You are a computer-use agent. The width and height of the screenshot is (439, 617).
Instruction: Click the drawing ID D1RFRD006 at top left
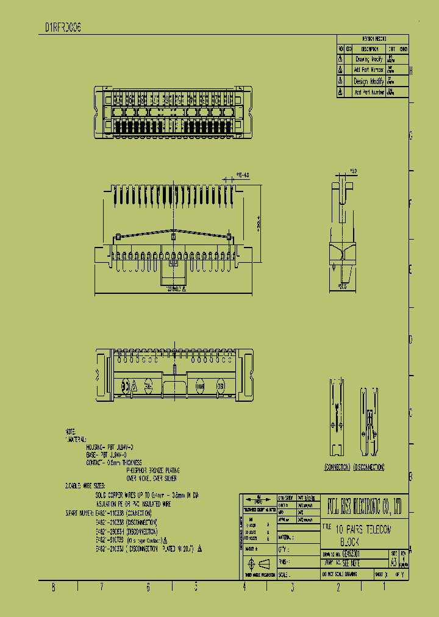(x=63, y=28)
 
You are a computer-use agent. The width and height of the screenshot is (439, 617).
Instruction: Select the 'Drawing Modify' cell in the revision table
(x=369, y=60)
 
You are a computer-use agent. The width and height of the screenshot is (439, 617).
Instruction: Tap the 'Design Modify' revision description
(x=369, y=81)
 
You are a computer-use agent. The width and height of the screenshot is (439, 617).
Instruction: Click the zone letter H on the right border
(x=411, y=71)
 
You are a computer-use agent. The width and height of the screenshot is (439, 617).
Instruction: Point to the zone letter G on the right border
(x=411, y=137)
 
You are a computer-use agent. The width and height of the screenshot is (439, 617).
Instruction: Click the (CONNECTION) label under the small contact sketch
(x=336, y=467)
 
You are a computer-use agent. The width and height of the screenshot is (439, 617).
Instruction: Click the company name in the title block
(x=364, y=506)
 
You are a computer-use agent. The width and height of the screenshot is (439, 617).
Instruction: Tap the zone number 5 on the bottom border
(x=196, y=587)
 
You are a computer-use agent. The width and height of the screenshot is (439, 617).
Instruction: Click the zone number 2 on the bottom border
(x=338, y=587)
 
